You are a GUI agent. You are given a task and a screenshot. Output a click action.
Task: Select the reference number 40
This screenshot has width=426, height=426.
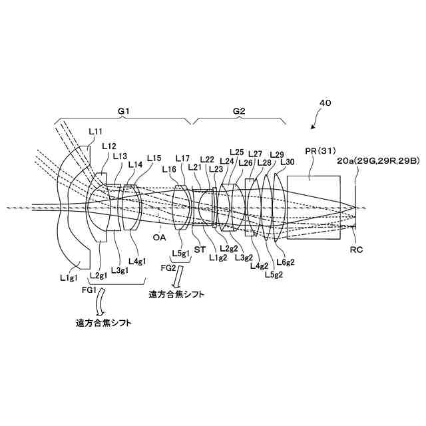(x=325, y=104)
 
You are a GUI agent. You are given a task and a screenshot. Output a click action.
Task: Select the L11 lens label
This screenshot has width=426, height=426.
(x=96, y=132)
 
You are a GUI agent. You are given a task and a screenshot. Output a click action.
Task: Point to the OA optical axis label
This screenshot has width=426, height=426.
(x=160, y=236)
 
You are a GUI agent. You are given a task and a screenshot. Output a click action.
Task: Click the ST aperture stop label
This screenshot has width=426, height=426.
(x=200, y=249)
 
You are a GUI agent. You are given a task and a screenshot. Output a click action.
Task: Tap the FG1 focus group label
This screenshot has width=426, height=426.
(x=89, y=290)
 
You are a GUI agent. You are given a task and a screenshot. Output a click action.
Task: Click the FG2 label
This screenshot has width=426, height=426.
(x=170, y=268)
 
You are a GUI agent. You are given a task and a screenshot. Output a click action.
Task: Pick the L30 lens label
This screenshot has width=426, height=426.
(x=288, y=161)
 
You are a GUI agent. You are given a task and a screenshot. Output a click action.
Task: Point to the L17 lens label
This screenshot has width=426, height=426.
(x=183, y=158)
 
